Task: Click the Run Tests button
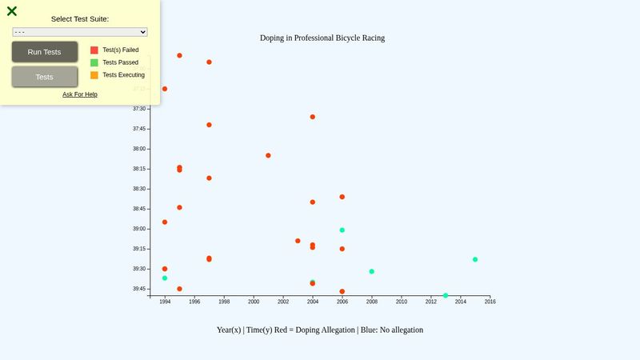click(x=45, y=52)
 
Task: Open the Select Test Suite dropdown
click(x=80, y=32)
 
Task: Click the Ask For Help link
click(x=80, y=94)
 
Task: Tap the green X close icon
click(x=12, y=11)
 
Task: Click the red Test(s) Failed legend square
click(x=94, y=50)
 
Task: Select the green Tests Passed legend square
click(x=94, y=62)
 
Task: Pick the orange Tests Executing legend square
click(x=94, y=75)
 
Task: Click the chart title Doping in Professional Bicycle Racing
click(x=322, y=38)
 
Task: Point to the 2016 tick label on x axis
click(x=490, y=302)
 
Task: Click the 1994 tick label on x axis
click(x=165, y=302)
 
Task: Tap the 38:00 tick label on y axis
click(x=140, y=149)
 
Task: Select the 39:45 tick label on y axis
click(x=140, y=289)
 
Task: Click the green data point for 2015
click(x=475, y=259)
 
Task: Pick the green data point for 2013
click(x=446, y=295)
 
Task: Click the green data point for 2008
click(x=372, y=271)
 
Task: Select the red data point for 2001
click(x=268, y=155)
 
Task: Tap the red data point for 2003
click(x=298, y=241)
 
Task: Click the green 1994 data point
click(x=165, y=278)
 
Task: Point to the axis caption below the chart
click(x=320, y=330)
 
